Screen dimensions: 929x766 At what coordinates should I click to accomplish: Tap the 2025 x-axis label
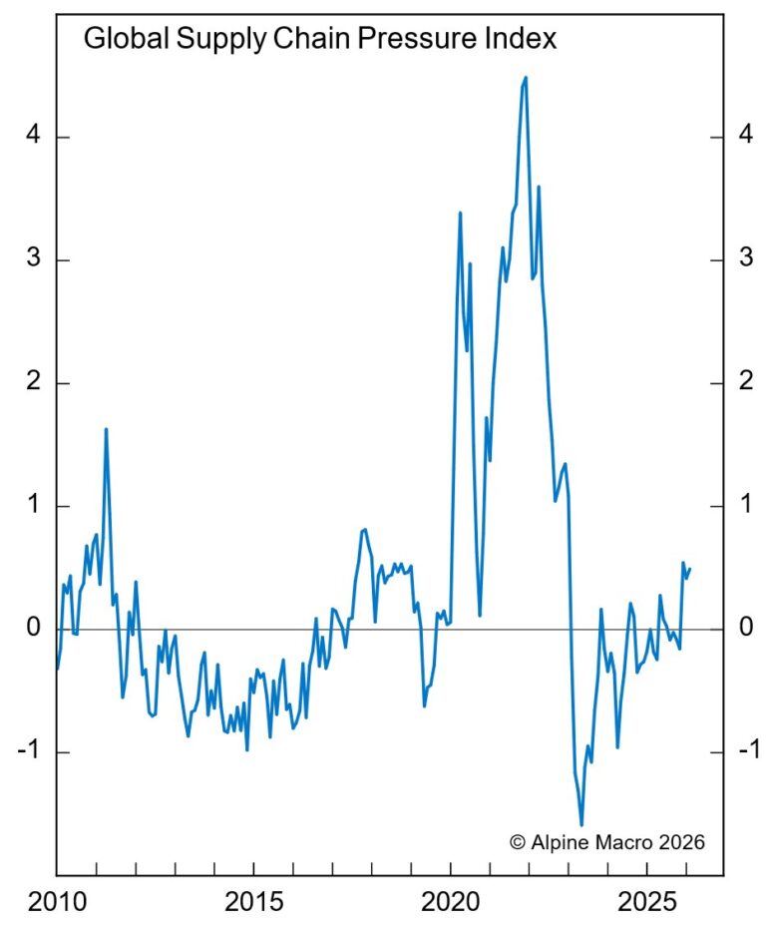(650, 902)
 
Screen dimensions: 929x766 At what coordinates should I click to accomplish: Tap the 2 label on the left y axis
(33, 383)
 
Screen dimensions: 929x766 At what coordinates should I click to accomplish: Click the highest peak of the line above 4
(526, 77)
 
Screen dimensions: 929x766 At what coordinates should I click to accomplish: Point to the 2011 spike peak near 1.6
(106, 429)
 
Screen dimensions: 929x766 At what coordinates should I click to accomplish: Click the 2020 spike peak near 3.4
(460, 213)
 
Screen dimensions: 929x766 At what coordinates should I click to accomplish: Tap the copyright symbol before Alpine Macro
(517, 842)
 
